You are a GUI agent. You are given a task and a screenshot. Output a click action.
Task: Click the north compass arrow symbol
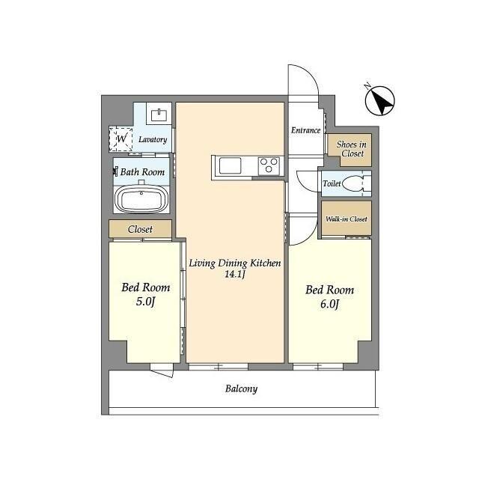pyautogui.click(x=380, y=101)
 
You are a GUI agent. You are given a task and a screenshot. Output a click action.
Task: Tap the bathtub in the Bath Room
pyautogui.click(x=141, y=198)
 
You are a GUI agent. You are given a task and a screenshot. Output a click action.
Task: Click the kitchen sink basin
pyautogui.click(x=230, y=165)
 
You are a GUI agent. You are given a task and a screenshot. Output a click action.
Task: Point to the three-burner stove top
pyautogui.click(x=269, y=165)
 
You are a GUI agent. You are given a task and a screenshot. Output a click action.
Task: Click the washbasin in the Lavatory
pyautogui.click(x=159, y=115)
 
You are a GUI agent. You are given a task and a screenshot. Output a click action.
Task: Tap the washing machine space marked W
pyautogui.click(x=121, y=139)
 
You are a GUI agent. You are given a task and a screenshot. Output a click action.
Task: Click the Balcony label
pyautogui.click(x=241, y=389)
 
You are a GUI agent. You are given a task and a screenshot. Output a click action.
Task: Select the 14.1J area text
pyautogui.click(x=235, y=275)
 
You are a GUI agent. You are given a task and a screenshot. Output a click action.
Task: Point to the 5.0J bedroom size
pyautogui.click(x=146, y=302)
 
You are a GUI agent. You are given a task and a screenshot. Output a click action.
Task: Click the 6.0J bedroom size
pyautogui.click(x=329, y=305)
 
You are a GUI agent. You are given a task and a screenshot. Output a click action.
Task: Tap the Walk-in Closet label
pyautogui.click(x=347, y=219)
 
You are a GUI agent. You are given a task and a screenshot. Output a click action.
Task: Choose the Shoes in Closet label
pyautogui.click(x=352, y=149)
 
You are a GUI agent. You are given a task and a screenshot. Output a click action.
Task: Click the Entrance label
pyautogui.click(x=306, y=130)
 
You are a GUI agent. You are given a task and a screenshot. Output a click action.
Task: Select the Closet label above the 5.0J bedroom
pyautogui.click(x=140, y=229)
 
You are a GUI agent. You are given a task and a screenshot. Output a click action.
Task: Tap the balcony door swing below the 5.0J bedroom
pyautogui.click(x=162, y=373)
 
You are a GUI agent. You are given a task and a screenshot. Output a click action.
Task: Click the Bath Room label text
pyautogui.click(x=142, y=172)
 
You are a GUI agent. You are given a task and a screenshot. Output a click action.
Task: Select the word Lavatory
pyautogui.click(x=153, y=140)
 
